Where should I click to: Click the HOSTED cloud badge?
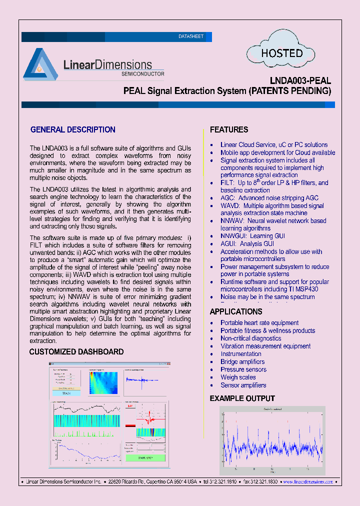tap(282, 53)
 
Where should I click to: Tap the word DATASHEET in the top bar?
tap(191, 37)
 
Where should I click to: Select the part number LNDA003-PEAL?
tap(300, 80)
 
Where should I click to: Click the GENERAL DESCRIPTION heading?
tap(73, 130)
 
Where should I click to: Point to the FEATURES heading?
tap(229, 130)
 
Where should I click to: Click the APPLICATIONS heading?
tap(236, 312)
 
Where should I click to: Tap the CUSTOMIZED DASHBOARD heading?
tap(76, 352)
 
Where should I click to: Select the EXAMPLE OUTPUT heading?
tap(242, 398)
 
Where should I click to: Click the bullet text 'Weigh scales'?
tap(238, 377)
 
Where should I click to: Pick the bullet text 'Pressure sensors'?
tap(243, 369)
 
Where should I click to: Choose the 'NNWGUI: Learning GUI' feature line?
tap(253, 236)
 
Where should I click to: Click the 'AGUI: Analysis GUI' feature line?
tap(247, 244)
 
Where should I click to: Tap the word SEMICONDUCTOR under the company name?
tap(143, 73)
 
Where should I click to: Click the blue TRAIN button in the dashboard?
tap(66, 393)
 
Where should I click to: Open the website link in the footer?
tap(308, 482)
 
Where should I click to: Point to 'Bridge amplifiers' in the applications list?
tap(242, 361)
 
